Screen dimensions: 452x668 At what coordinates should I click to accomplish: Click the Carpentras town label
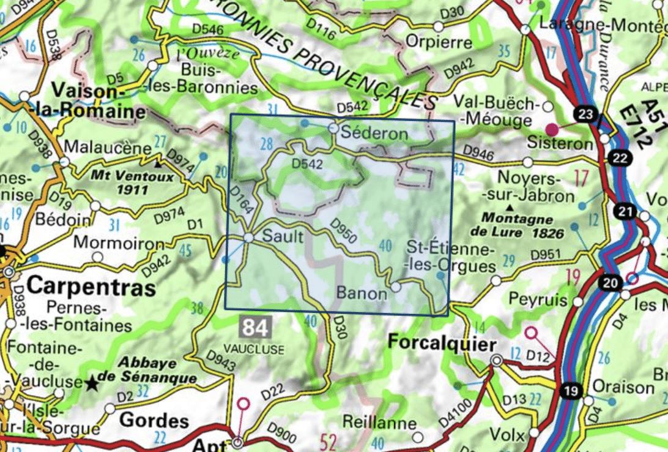(x=83, y=286)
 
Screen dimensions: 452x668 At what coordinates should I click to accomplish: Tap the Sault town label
(x=283, y=237)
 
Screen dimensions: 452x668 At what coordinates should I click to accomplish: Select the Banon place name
(x=362, y=293)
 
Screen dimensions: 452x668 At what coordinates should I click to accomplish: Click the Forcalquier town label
(x=440, y=344)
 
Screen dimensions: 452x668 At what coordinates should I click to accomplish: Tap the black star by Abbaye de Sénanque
(x=92, y=383)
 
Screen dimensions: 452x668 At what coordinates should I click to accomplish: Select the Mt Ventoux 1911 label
(x=120, y=183)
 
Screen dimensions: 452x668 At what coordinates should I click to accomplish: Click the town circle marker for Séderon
(x=333, y=129)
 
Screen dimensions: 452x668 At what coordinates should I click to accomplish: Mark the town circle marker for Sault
(x=249, y=238)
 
